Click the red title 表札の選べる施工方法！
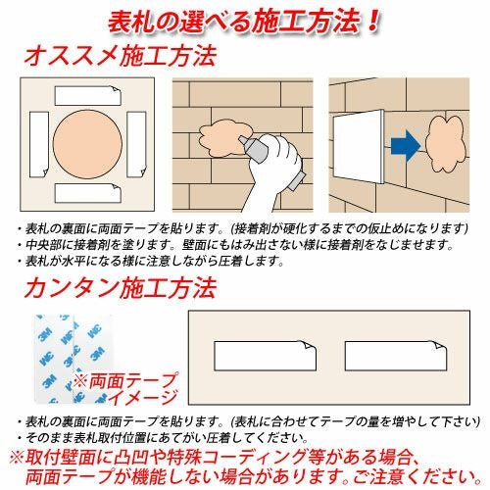(244, 23)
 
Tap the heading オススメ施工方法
(121, 56)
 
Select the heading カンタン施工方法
(121, 288)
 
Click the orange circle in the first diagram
(87, 144)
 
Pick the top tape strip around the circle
(88, 96)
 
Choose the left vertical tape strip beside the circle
(39, 144)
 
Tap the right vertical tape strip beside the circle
(136, 144)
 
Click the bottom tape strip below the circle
(88, 193)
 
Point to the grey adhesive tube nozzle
(254, 149)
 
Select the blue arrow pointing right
(406, 146)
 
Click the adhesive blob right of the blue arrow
(446, 144)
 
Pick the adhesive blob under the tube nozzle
(225, 138)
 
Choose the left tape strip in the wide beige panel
(266, 356)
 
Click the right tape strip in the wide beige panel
(396, 356)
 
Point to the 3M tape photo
(73, 359)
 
